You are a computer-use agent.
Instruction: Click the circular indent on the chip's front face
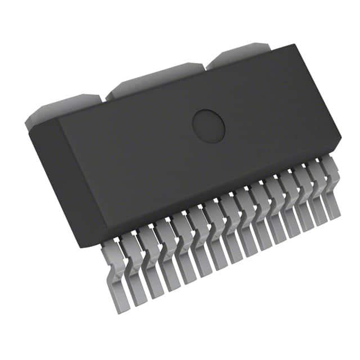209,125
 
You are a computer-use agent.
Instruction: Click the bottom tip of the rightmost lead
336,216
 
